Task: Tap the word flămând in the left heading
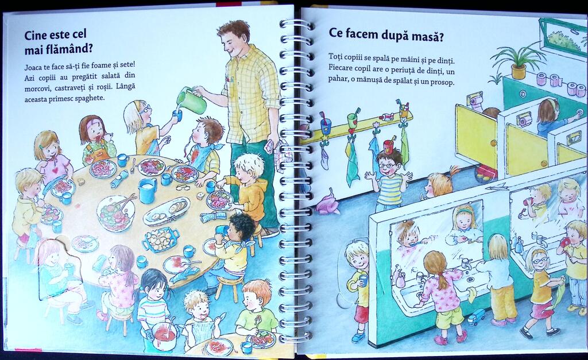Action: pyautogui.click(x=71, y=49)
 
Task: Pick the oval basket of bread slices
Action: pyautogui.click(x=166, y=211)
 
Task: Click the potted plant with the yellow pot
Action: pyautogui.click(x=517, y=62)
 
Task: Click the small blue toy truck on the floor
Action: pyautogui.click(x=476, y=318)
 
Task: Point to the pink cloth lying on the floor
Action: pyautogui.click(x=327, y=204)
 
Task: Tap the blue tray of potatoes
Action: pyautogui.click(x=161, y=238)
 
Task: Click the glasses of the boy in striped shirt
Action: pyautogui.click(x=386, y=165)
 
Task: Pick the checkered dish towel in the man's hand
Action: pyautogui.click(x=280, y=152)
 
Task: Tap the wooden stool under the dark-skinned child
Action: pyautogui.click(x=229, y=288)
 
